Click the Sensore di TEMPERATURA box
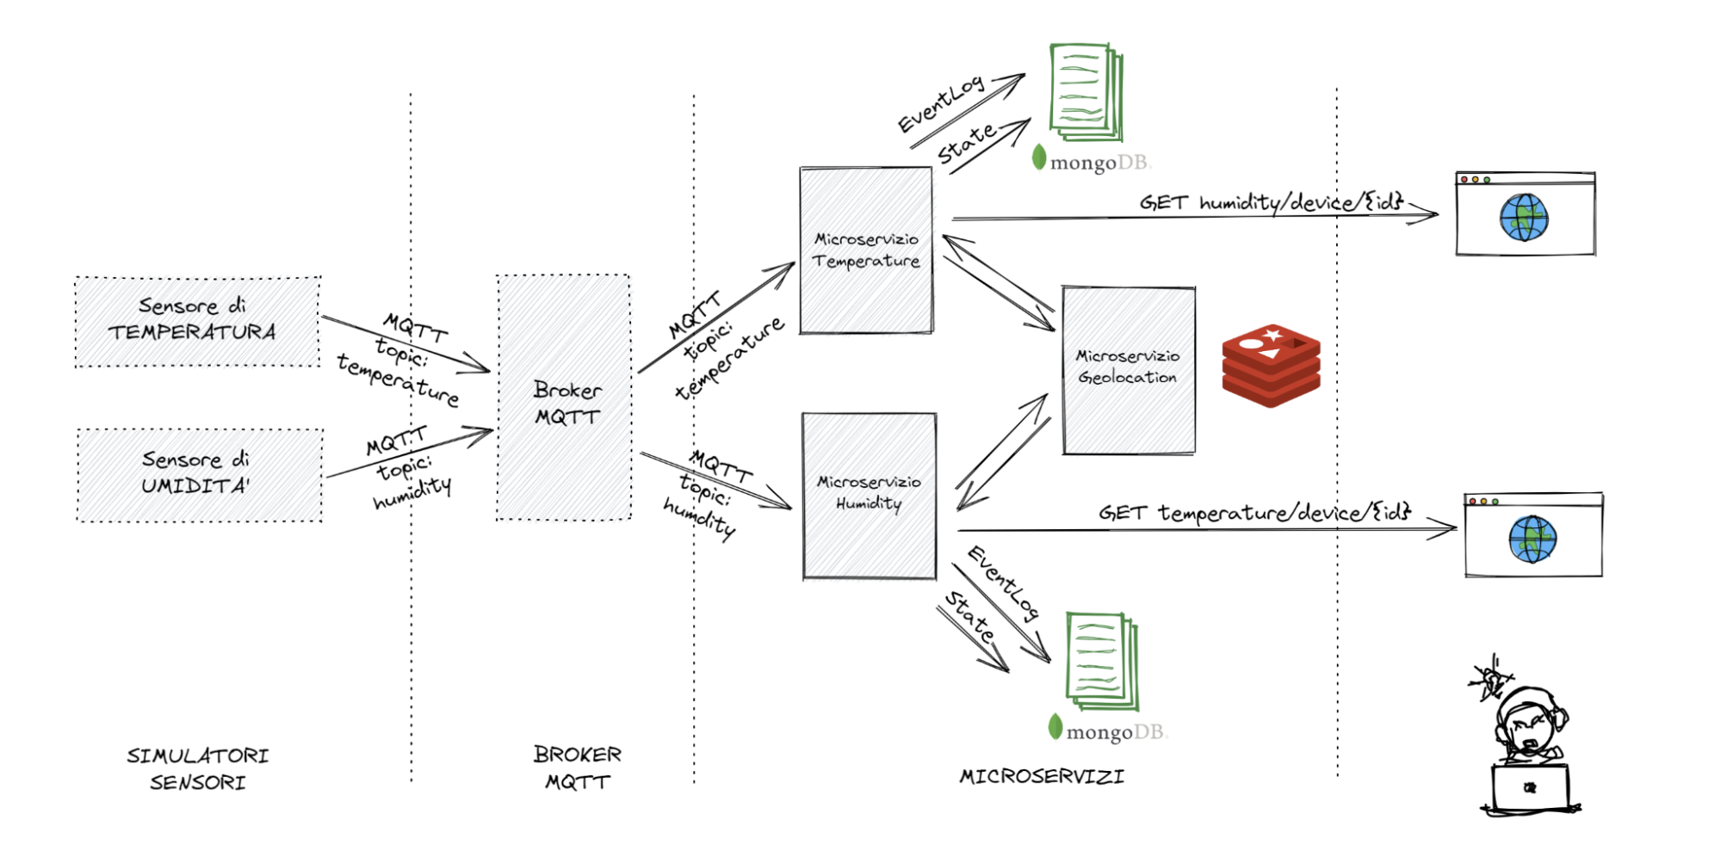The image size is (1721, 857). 197,321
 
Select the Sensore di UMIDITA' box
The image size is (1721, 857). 200,475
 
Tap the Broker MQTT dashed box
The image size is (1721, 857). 564,398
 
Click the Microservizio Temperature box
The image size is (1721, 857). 865,250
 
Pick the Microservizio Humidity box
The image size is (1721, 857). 869,496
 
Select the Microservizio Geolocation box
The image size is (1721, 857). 1128,370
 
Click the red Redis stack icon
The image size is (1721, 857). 1271,365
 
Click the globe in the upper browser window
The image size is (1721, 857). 1523,218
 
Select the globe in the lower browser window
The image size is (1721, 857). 1532,539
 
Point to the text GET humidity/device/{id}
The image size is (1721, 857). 1272,203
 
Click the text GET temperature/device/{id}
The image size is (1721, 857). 1254,513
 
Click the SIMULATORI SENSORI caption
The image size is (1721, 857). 198,768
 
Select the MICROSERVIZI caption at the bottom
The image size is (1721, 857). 1042,776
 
